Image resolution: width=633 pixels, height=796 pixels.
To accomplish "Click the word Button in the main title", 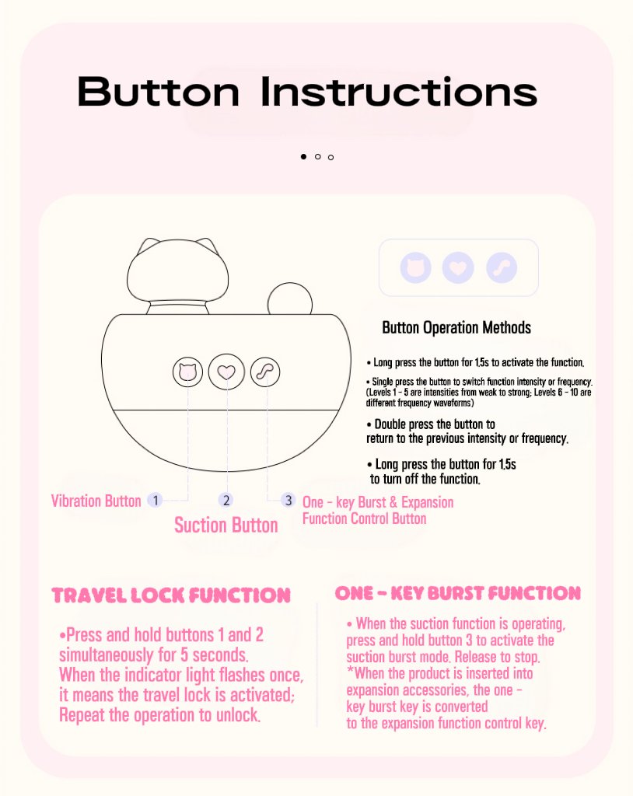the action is [x=158, y=92].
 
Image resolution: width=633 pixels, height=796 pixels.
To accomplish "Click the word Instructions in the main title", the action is [x=399, y=92].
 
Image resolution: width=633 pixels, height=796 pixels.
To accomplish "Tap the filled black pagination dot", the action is [x=304, y=156].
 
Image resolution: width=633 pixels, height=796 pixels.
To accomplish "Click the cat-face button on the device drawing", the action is [x=187, y=372].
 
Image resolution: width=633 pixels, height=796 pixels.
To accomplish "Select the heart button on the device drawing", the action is [x=226, y=372].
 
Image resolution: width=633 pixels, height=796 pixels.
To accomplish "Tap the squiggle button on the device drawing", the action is [x=265, y=372].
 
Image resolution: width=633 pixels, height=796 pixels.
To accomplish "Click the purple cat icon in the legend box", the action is [x=415, y=267].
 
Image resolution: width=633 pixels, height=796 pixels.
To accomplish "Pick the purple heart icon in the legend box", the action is [x=458, y=267].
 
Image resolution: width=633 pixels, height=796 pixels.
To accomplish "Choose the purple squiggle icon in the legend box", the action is [x=502, y=267].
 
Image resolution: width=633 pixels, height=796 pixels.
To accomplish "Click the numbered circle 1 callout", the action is [x=155, y=500].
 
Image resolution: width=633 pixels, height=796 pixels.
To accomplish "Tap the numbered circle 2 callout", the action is [x=226, y=500].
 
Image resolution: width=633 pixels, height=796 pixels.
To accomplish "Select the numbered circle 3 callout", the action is [x=288, y=500].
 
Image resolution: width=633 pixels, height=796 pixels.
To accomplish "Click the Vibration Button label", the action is [x=96, y=501].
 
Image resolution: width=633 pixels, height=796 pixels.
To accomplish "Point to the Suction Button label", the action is [x=226, y=525].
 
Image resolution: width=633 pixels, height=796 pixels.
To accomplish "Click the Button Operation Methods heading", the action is [x=456, y=328].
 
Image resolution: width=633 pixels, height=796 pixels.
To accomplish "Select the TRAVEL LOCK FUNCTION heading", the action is [x=171, y=595].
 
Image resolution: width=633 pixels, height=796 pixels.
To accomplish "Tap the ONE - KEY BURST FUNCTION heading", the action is [x=458, y=593].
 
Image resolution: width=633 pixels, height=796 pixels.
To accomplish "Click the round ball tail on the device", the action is [x=290, y=299].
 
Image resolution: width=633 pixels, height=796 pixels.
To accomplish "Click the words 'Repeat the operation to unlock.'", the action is [x=159, y=715].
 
